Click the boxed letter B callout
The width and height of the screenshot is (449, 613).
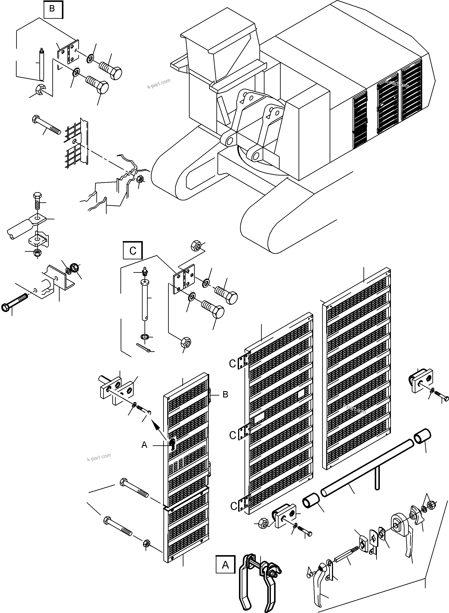tap(52, 9)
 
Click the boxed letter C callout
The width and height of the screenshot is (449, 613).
tap(133, 250)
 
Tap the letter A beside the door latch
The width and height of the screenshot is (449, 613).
tap(144, 445)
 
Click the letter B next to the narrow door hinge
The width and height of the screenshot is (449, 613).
tap(225, 394)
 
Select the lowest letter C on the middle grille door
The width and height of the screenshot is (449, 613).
tap(234, 506)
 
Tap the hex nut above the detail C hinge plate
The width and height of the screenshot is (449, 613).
tap(196, 245)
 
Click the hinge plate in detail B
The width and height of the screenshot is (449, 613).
tap(68, 52)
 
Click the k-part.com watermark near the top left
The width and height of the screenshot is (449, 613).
tap(159, 84)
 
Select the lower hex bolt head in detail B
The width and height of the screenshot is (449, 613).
tap(103, 87)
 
